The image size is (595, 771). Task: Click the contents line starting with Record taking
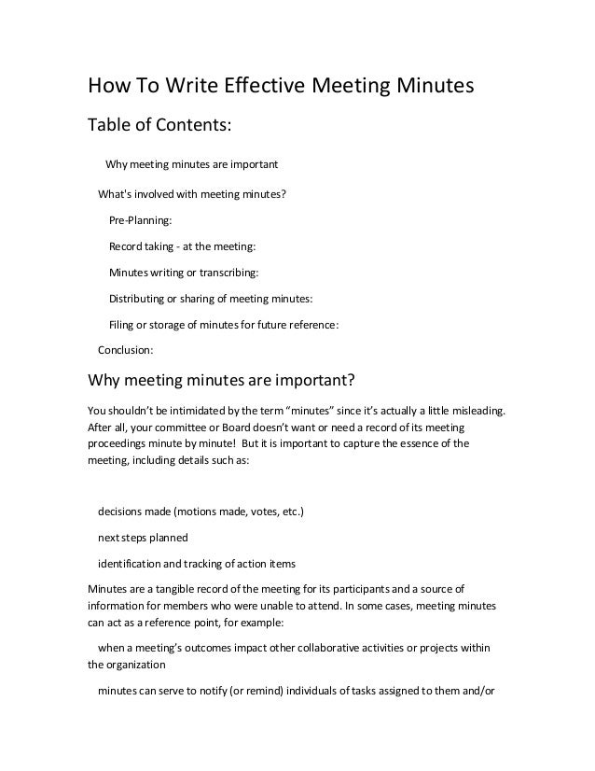[181, 246]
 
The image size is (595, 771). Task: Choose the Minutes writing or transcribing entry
[184, 273]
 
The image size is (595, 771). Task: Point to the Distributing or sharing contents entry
[212, 299]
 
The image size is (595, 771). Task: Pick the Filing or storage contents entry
[224, 325]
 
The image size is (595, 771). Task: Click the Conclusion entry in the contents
[126, 351]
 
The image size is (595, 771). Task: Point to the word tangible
[177, 589]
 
